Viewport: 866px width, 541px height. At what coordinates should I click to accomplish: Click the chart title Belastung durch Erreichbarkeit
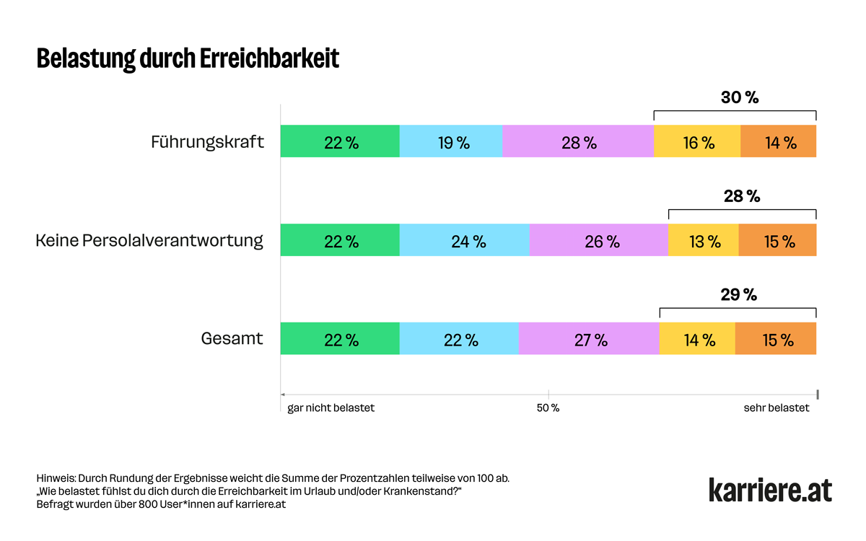pos(188,59)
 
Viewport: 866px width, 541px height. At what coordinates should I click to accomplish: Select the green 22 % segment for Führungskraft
pos(340,141)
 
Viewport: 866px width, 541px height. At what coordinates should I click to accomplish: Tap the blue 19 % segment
pos(451,141)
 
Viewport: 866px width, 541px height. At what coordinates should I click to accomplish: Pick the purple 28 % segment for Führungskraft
pos(578,141)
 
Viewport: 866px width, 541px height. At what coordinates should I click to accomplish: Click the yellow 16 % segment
pos(697,141)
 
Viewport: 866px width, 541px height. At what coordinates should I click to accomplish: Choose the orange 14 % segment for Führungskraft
pos(779,141)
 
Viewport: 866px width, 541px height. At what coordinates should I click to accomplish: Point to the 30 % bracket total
pos(740,97)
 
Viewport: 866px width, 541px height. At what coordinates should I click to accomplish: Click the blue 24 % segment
pos(465,240)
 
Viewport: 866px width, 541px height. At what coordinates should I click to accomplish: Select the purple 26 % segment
pos(599,240)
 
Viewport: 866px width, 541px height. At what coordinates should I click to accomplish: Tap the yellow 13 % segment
pos(704,240)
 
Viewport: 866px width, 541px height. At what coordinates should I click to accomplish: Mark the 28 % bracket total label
pos(742,196)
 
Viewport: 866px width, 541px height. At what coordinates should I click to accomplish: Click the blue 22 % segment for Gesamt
pos(459,339)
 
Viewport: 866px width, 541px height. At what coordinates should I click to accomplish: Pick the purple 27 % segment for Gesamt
pos(589,339)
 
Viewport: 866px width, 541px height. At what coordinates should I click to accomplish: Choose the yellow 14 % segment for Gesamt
pos(697,339)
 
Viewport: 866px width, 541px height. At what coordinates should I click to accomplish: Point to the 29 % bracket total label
pos(738,295)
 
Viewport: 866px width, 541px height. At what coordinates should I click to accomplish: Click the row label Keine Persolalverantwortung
pos(149,240)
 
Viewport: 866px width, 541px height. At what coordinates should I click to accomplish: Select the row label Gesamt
pos(232,338)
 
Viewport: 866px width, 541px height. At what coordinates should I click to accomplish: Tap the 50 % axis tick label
pos(548,408)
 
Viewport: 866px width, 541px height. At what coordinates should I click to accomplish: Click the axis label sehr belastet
pos(777,408)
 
